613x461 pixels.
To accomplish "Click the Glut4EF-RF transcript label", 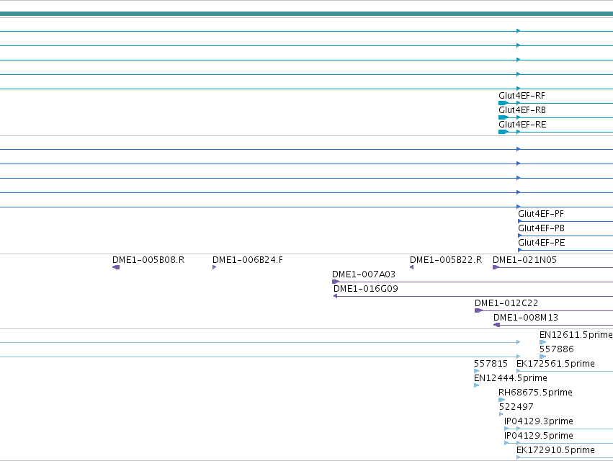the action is (x=522, y=96).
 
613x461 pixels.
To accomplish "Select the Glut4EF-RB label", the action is (x=522, y=110).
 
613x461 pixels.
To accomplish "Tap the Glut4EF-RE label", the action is (x=522, y=125).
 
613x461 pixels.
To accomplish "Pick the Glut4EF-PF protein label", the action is (x=541, y=214).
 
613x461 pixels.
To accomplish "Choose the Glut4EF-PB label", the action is (x=542, y=228).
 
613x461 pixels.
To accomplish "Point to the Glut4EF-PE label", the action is (x=542, y=243).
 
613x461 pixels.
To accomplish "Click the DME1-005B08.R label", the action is (x=148, y=260).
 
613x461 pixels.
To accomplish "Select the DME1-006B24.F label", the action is (x=248, y=260).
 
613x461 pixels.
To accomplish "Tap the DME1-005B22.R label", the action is (x=446, y=260).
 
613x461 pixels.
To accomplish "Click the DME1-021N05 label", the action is (x=524, y=260).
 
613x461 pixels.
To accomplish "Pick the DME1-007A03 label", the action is (x=364, y=274).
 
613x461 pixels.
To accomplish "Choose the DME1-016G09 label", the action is (x=366, y=289).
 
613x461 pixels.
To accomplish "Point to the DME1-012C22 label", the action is (x=506, y=303).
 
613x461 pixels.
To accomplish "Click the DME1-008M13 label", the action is (x=526, y=318).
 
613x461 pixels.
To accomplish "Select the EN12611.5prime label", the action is (x=576, y=335).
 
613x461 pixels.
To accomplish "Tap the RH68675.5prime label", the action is (x=535, y=393).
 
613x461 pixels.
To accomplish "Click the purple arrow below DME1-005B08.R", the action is (x=116, y=267).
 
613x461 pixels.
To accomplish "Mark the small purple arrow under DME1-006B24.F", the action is (x=214, y=267).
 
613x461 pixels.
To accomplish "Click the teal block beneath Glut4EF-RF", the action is (x=504, y=103).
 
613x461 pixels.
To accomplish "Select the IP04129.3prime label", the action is (x=539, y=421).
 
